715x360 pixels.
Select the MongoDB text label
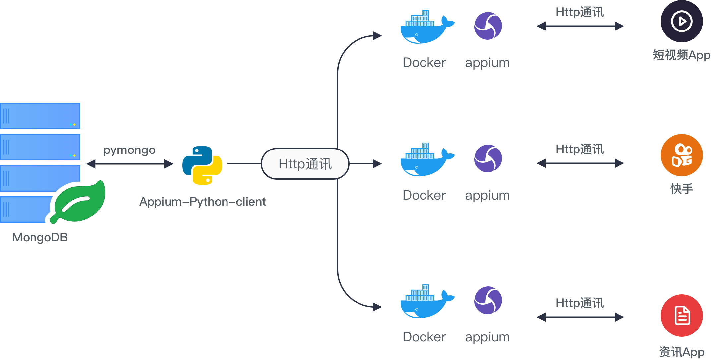click(40, 237)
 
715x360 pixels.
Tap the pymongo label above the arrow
click(129, 150)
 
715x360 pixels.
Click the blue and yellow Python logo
click(202, 165)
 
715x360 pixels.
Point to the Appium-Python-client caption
click(203, 202)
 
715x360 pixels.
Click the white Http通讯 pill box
click(305, 164)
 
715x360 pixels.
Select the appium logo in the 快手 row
click(488, 158)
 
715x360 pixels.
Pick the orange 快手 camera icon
click(682, 155)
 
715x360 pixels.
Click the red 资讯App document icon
click(682, 316)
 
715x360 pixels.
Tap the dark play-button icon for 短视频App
click(682, 21)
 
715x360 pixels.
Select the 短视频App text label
click(682, 55)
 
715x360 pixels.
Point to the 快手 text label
click(682, 189)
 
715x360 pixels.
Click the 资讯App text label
click(682, 352)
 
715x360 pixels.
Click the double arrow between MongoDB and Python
click(130, 164)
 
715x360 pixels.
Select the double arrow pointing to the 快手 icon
click(580, 163)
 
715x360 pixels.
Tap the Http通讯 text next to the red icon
click(580, 303)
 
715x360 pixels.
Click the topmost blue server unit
click(40, 116)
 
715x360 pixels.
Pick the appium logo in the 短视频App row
click(488, 26)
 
